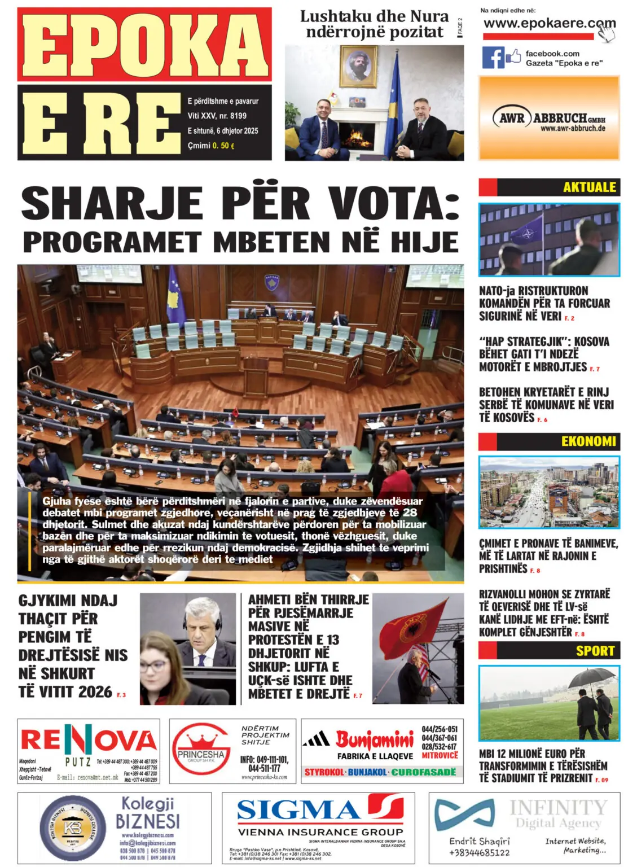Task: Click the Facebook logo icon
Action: point(493,58)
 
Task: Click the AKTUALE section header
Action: point(589,187)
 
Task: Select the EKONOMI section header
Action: point(588,441)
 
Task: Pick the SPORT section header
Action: point(595,651)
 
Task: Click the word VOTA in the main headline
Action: point(394,204)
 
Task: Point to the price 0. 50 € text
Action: point(223,146)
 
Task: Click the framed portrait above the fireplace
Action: point(359,67)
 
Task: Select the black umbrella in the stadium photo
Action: point(591,677)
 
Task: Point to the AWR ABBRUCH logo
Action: point(548,119)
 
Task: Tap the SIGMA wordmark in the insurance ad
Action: point(298,810)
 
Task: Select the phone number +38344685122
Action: point(479,852)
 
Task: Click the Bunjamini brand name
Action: point(375,739)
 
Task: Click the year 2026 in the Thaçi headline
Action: point(91,691)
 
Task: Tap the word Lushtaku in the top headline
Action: point(335,16)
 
